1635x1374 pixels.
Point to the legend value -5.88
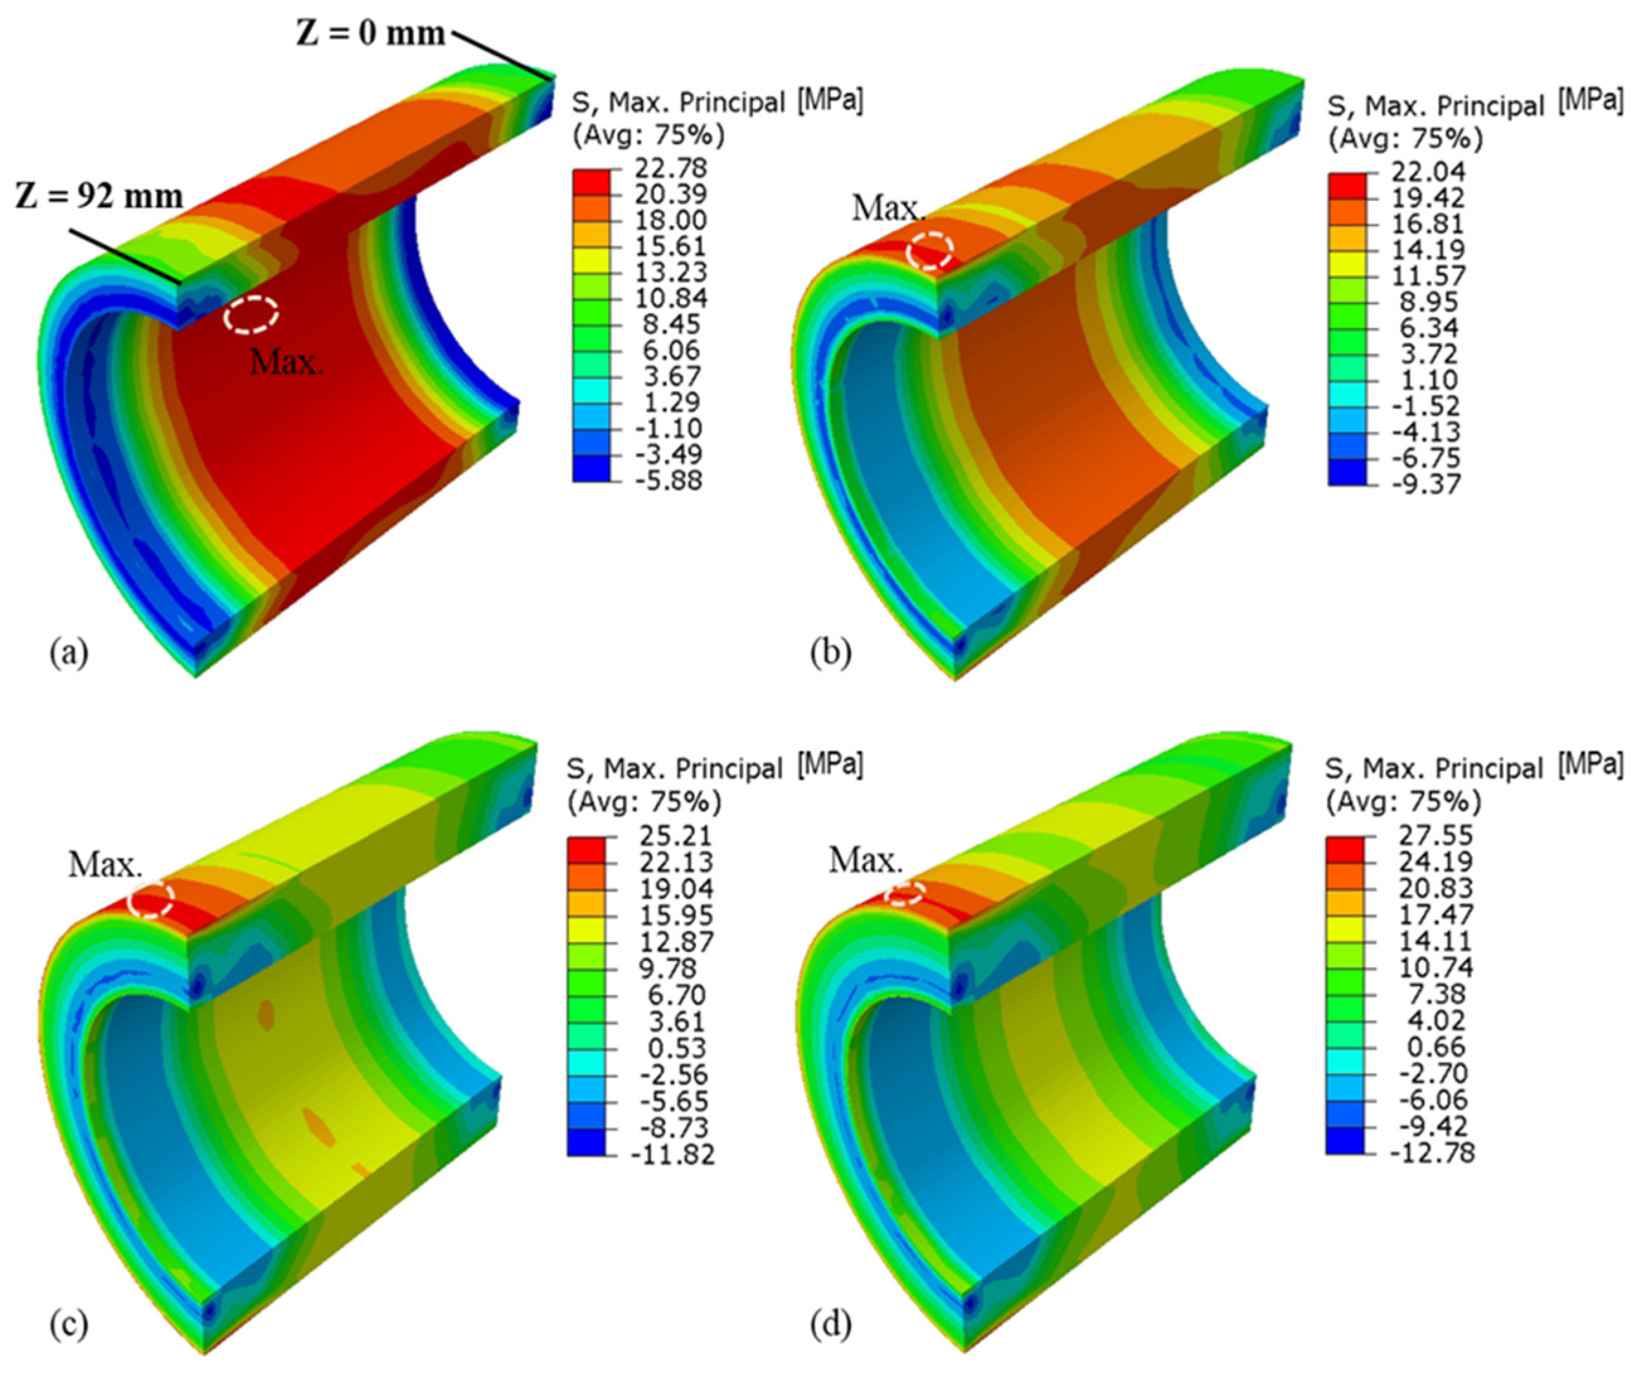pos(664,480)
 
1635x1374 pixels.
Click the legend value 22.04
pos(1429,171)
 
